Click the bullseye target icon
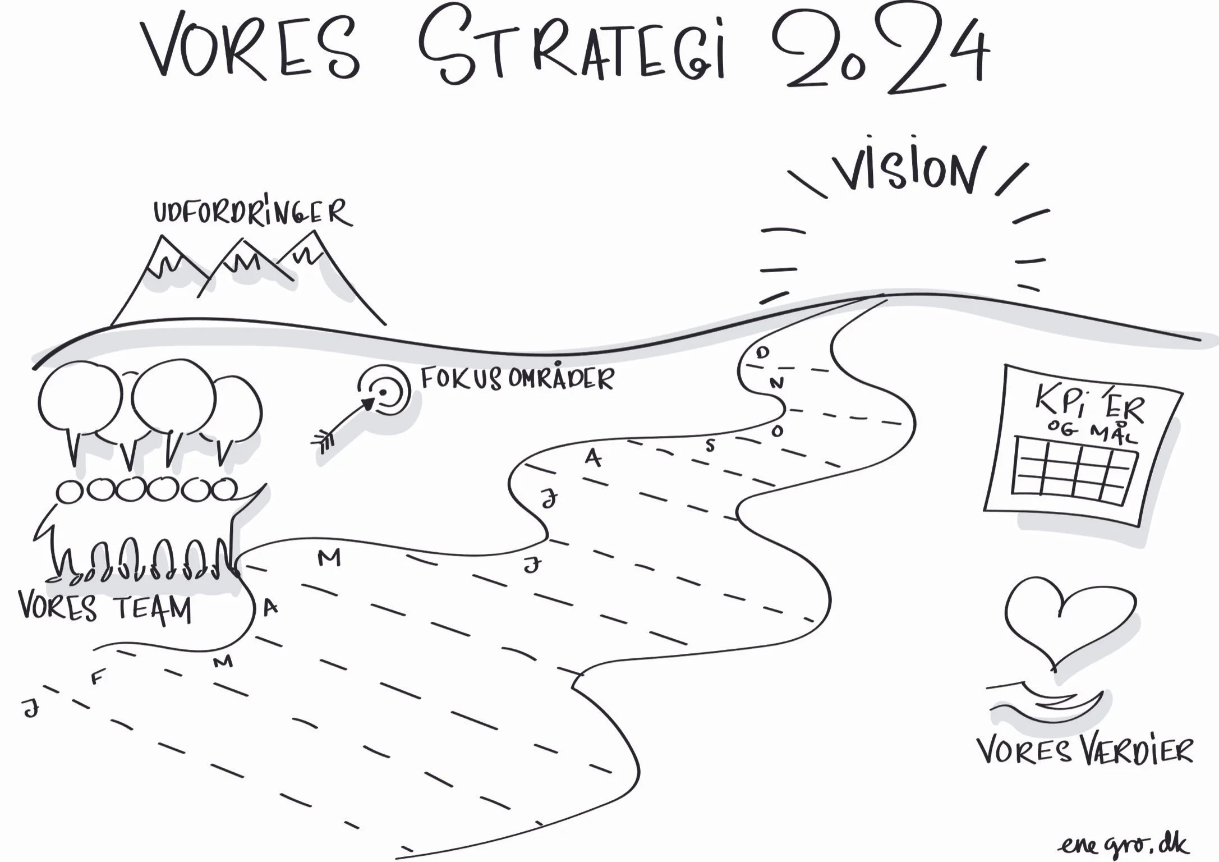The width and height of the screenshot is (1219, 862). click(384, 391)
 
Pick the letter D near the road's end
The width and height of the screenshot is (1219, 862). click(762, 352)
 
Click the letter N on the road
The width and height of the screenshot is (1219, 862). click(776, 383)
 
